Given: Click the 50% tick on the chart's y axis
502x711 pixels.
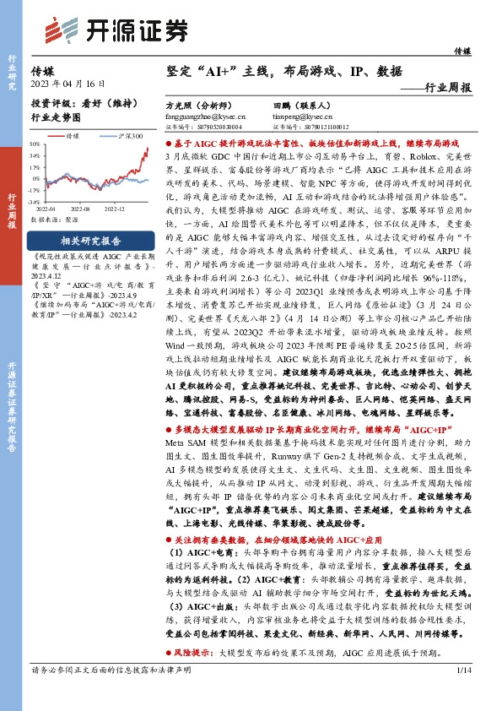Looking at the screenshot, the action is tap(35, 144).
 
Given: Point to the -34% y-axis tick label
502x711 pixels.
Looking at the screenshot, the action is tap(35, 203).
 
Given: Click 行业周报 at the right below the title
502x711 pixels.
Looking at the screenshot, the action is tap(448, 87).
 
